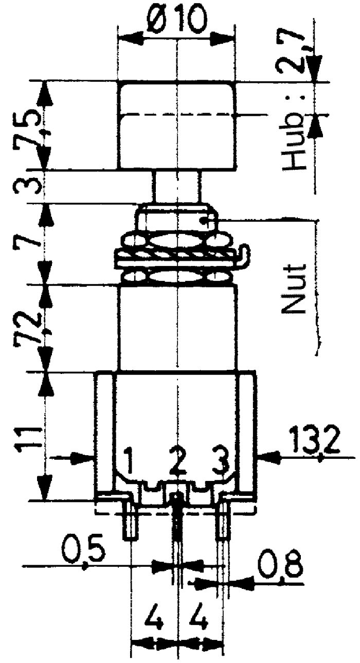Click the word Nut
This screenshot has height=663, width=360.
pyautogui.click(x=293, y=288)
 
